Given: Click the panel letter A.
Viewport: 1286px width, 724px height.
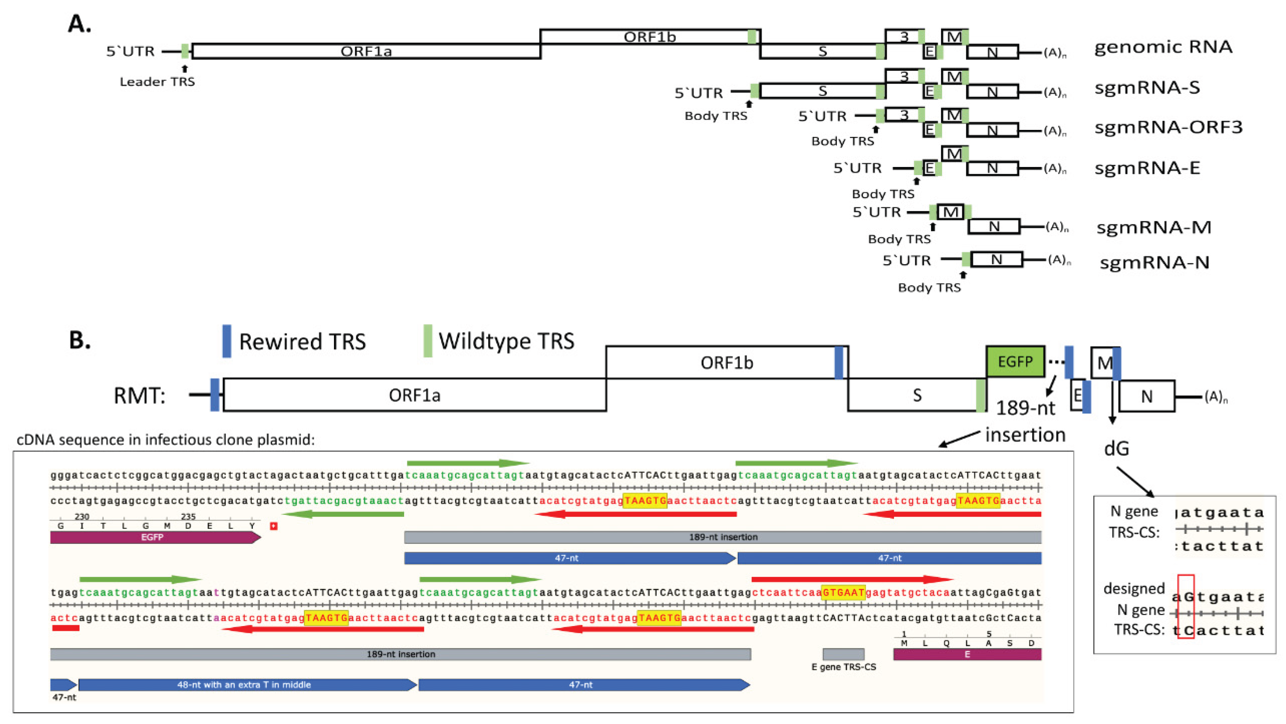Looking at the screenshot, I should coord(79,24).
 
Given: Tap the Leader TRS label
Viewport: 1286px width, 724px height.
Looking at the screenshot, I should coord(157,82).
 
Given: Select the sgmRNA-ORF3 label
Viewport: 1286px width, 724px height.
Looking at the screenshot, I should coord(1168,127).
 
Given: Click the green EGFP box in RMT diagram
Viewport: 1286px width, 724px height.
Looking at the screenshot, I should coord(1015,361).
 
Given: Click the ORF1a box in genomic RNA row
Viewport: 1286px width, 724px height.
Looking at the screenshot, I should coord(366,51).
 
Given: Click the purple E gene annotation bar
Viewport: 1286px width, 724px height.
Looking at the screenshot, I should coord(967,654).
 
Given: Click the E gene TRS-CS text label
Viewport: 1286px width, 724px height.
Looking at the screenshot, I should coord(844,667).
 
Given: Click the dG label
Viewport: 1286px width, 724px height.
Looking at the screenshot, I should coord(1117,449).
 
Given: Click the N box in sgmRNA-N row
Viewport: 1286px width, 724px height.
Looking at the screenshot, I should coord(996,260).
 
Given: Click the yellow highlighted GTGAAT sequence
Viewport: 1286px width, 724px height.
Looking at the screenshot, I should coord(843,592).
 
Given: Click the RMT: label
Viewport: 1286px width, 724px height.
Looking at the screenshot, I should coord(139,396).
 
